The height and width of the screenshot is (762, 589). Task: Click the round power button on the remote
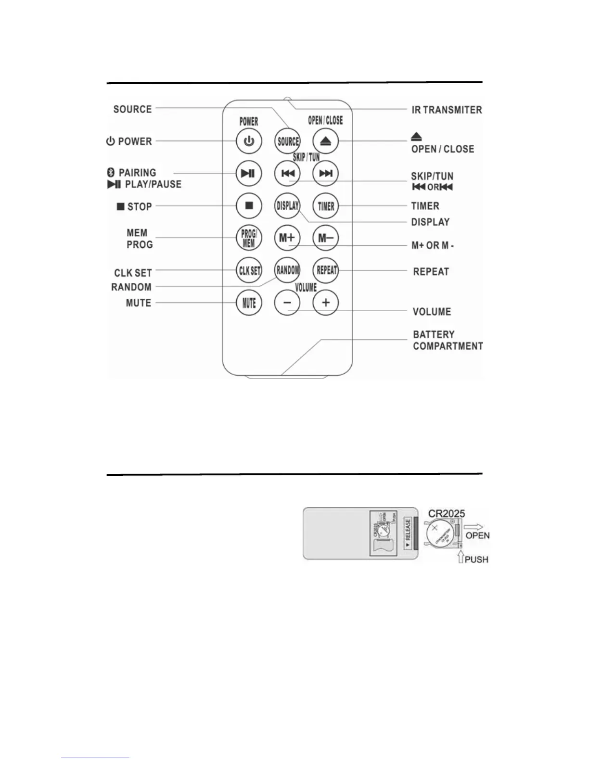coord(249,141)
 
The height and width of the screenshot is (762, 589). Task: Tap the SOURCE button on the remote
coord(287,141)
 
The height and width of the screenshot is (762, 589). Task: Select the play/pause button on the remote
coord(249,174)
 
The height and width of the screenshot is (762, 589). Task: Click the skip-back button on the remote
coord(287,174)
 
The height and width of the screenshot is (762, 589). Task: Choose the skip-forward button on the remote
coord(326,174)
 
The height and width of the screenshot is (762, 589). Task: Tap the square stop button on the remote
coord(249,206)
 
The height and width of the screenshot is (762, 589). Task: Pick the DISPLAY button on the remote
coord(287,206)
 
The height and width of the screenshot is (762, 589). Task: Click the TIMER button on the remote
coord(326,206)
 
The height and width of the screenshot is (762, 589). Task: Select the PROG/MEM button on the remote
coord(249,238)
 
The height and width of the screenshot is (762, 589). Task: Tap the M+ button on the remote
coord(287,238)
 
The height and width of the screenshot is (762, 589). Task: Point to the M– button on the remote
coord(326,238)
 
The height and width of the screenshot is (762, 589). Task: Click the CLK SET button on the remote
coord(249,270)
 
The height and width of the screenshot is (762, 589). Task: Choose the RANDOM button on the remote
coord(287,270)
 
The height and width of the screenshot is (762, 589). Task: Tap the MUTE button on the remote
coord(249,303)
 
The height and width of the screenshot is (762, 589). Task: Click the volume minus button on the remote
coord(287,303)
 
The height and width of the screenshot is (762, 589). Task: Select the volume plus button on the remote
coord(326,303)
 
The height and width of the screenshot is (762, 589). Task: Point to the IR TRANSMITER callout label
coord(447,110)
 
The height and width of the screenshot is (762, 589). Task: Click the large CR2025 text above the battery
coord(447,513)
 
